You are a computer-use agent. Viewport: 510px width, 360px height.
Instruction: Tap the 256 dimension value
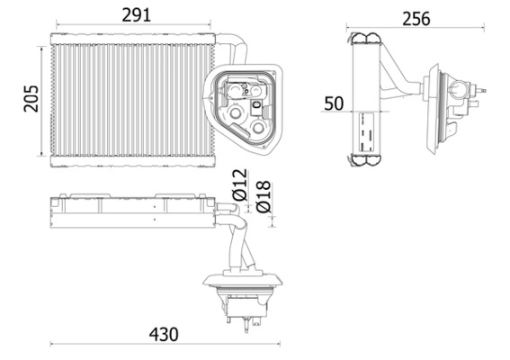(x=416, y=18)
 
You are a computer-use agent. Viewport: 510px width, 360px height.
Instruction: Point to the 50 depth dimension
(x=334, y=103)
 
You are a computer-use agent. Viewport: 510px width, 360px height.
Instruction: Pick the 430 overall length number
(x=163, y=333)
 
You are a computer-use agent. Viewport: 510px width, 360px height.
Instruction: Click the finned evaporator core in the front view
(x=126, y=99)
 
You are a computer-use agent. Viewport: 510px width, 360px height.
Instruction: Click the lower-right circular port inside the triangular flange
(x=259, y=129)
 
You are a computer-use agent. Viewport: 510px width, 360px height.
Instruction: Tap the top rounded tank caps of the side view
(x=367, y=37)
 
